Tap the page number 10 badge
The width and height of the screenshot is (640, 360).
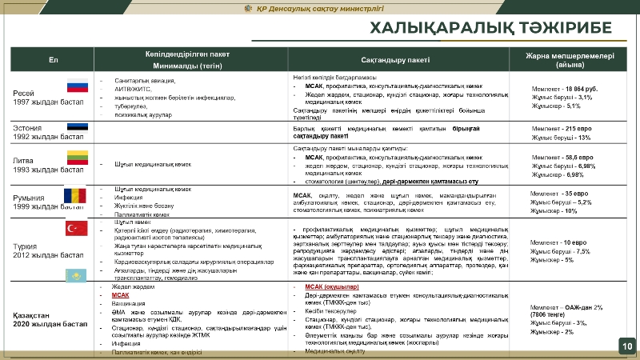626,346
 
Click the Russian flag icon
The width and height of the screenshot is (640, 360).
77,88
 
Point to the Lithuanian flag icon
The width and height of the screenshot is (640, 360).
77,157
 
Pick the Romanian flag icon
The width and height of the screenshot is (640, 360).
74,196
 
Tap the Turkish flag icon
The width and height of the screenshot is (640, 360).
76,230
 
